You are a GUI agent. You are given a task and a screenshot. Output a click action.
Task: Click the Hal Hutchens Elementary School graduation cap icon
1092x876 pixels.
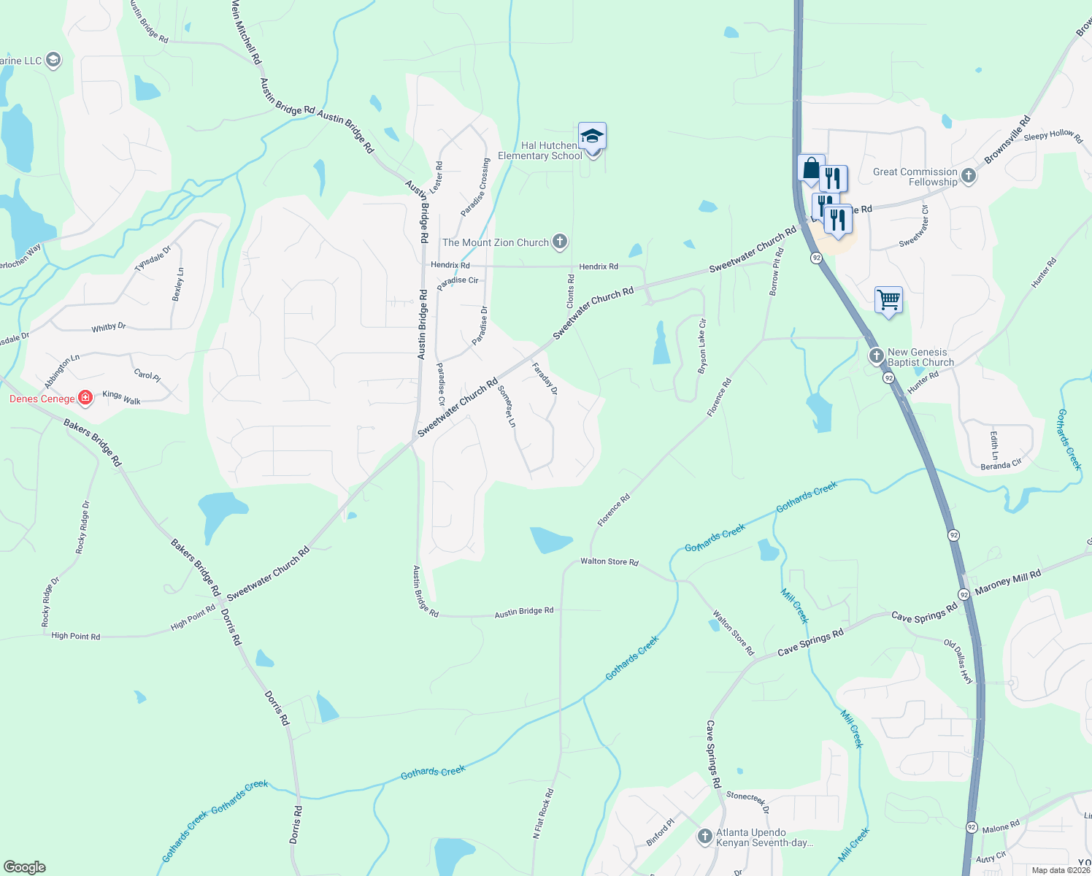point(592,137)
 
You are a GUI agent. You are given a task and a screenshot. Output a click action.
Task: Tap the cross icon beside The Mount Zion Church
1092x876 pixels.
point(560,242)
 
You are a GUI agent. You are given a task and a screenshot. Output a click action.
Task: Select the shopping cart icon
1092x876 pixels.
point(888,299)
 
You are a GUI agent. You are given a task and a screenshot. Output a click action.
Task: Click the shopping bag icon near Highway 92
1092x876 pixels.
point(811,169)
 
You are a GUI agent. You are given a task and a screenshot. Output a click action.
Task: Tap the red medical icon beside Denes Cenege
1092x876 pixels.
point(85,398)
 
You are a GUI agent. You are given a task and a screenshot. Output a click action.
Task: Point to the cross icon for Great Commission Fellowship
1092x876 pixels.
point(969,176)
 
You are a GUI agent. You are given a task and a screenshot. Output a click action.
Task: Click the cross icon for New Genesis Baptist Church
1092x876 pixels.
point(877,356)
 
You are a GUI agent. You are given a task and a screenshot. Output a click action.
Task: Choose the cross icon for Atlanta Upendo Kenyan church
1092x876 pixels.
point(704,837)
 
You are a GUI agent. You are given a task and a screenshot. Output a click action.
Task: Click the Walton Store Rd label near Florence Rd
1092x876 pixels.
point(610,561)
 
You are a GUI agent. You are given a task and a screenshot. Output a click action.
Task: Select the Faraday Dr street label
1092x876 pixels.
point(545,379)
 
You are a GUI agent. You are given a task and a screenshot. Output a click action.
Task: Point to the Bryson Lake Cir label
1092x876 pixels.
point(702,346)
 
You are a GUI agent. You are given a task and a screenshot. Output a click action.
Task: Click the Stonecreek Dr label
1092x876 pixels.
point(747,801)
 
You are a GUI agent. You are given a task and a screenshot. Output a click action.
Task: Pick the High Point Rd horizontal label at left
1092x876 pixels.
point(75,636)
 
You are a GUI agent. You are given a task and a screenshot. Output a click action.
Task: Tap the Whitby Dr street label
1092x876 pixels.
point(109,328)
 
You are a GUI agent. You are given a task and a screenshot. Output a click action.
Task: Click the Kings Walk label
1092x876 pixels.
point(122,398)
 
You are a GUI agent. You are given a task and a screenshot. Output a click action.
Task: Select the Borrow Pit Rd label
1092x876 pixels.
point(777,272)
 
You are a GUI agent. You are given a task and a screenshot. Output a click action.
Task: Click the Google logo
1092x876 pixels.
point(25,867)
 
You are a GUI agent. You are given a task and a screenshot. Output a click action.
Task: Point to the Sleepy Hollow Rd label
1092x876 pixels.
point(1053,135)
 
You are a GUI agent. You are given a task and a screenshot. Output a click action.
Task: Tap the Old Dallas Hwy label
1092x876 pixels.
point(958,661)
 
